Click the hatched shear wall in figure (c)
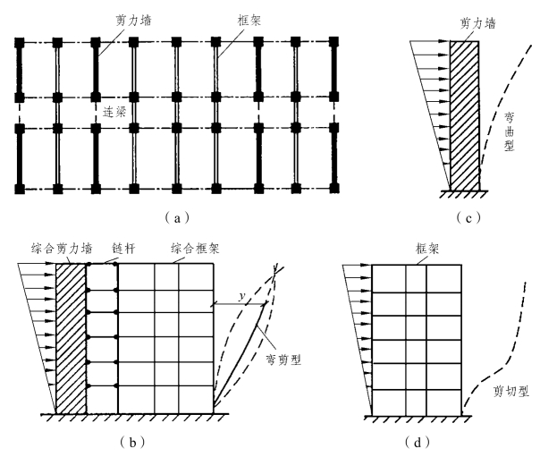(465, 116)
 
